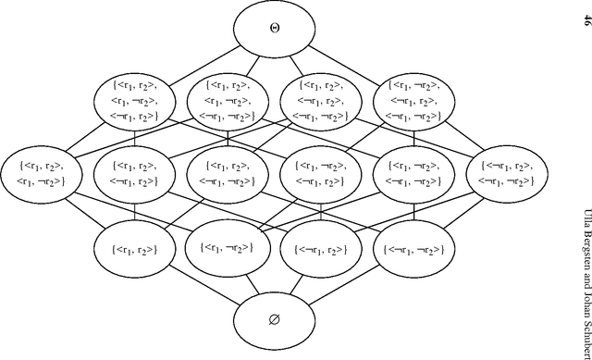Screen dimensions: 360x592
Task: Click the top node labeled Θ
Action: tap(275, 29)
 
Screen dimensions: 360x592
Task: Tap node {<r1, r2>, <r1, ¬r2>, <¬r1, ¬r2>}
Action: tap(228, 99)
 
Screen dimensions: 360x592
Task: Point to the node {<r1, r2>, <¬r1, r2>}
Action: tap(135, 171)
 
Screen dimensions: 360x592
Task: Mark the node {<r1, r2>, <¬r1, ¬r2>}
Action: tap(228, 171)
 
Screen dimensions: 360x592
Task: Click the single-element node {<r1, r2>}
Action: tap(135, 248)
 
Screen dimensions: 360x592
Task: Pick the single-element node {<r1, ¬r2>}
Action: tap(228, 247)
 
